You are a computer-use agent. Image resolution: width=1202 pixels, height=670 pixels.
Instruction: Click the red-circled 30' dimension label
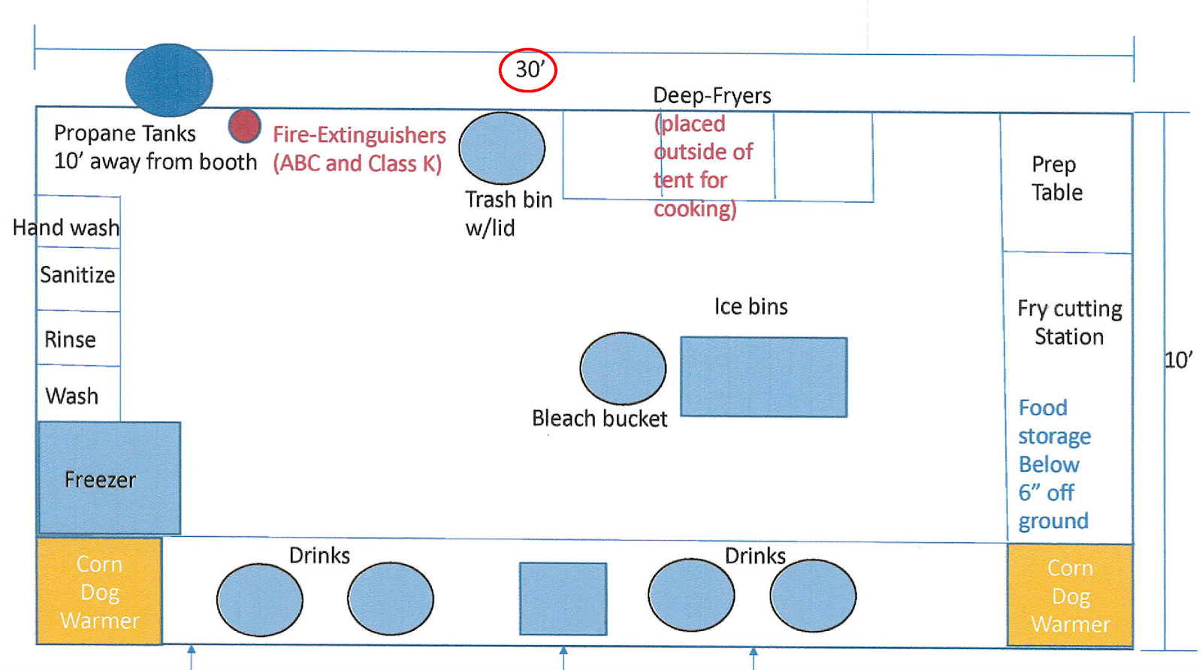pos(528,70)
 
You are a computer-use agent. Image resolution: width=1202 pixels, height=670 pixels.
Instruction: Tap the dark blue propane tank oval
pos(169,80)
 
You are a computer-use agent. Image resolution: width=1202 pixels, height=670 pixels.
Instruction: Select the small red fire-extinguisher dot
pos(245,126)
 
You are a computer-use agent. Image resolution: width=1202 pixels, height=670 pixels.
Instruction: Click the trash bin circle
pos(502,148)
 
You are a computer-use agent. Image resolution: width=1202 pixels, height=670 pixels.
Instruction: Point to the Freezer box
pos(110,478)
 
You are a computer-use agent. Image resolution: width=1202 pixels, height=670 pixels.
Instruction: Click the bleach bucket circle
pos(623,368)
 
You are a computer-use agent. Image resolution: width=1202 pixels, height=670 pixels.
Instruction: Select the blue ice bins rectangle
pos(763,377)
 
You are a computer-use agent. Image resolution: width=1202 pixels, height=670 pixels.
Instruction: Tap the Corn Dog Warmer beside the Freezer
pos(100,591)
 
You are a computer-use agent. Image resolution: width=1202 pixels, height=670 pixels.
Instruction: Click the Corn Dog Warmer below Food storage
pos(1070,595)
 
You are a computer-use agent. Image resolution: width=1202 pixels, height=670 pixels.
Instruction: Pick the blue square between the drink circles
pos(563,599)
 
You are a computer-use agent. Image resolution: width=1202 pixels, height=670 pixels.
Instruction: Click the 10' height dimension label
pos(1178,360)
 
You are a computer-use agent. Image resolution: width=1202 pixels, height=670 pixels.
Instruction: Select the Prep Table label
pos(1056,179)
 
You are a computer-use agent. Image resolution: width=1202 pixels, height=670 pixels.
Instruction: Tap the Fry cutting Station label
pos(1069,322)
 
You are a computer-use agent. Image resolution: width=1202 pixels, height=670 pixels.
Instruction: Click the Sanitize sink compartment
pos(78,275)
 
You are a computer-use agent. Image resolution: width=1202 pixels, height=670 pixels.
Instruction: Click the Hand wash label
pos(66,228)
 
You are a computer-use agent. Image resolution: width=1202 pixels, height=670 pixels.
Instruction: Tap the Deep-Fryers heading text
pos(712,95)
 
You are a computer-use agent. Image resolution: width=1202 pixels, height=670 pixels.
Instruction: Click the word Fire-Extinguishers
pos(359,135)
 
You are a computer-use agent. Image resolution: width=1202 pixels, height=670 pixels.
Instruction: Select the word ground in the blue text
pos(1053,521)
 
